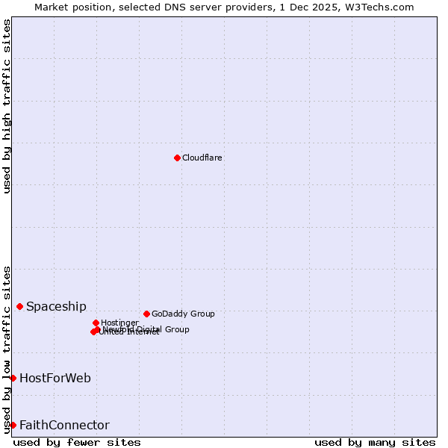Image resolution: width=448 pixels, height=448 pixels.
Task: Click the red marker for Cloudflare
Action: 177,158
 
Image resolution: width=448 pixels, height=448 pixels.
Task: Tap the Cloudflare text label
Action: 202,158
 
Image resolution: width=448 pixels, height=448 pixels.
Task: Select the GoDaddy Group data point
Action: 146,314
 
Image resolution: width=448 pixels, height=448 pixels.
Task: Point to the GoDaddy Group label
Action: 183,314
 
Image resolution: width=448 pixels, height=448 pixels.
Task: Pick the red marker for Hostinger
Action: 96,323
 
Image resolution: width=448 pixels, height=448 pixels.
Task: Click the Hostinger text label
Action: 119,323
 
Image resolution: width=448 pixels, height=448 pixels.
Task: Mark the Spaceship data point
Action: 19,306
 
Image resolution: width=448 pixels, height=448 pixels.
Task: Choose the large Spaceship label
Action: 56,307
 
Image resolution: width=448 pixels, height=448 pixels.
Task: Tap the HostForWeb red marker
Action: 13,378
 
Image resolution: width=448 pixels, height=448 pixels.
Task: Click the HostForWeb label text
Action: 55,379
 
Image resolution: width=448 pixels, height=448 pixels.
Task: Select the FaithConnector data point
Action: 13,425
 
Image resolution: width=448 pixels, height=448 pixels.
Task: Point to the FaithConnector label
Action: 64,426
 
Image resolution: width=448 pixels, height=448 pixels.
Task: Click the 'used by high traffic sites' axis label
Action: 7,106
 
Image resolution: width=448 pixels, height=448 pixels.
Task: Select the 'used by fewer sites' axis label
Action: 77,443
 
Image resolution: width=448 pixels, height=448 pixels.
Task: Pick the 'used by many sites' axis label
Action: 375,443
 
